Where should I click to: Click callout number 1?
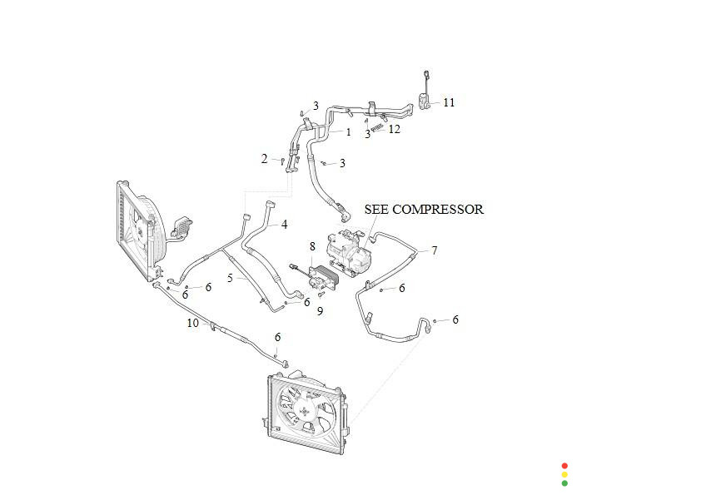click(x=348, y=132)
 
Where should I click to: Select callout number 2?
click(x=265, y=158)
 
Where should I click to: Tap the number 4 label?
click(x=284, y=225)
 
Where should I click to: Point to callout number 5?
click(x=230, y=277)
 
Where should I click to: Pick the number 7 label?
click(x=434, y=250)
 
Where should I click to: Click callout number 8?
click(x=312, y=246)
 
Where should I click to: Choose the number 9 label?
click(x=320, y=311)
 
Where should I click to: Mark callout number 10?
click(x=193, y=323)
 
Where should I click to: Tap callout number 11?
click(x=449, y=102)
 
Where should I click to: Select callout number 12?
click(x=394, y=129)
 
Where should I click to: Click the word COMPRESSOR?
click(x=437, y=210)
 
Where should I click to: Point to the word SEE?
click(x=377, y=210)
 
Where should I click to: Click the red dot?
click(x=564, y=466)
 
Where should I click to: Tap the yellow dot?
click(x=564, y=474)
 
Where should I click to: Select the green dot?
click(x=564, y=483)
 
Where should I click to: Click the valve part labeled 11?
click(x=425, y=102)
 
